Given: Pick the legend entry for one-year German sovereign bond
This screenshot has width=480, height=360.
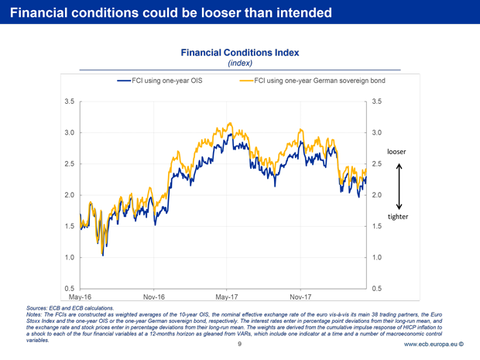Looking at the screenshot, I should pos(314,81).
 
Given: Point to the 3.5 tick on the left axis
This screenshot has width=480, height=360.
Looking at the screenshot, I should pos(70,101).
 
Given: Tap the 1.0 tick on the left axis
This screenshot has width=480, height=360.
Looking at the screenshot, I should pos(70,257).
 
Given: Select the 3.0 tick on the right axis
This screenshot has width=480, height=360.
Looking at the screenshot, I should pos(377,132).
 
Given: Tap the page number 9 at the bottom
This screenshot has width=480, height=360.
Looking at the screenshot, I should pos(240,345).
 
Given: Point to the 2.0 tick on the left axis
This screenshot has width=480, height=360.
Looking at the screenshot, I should pos(70,195).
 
